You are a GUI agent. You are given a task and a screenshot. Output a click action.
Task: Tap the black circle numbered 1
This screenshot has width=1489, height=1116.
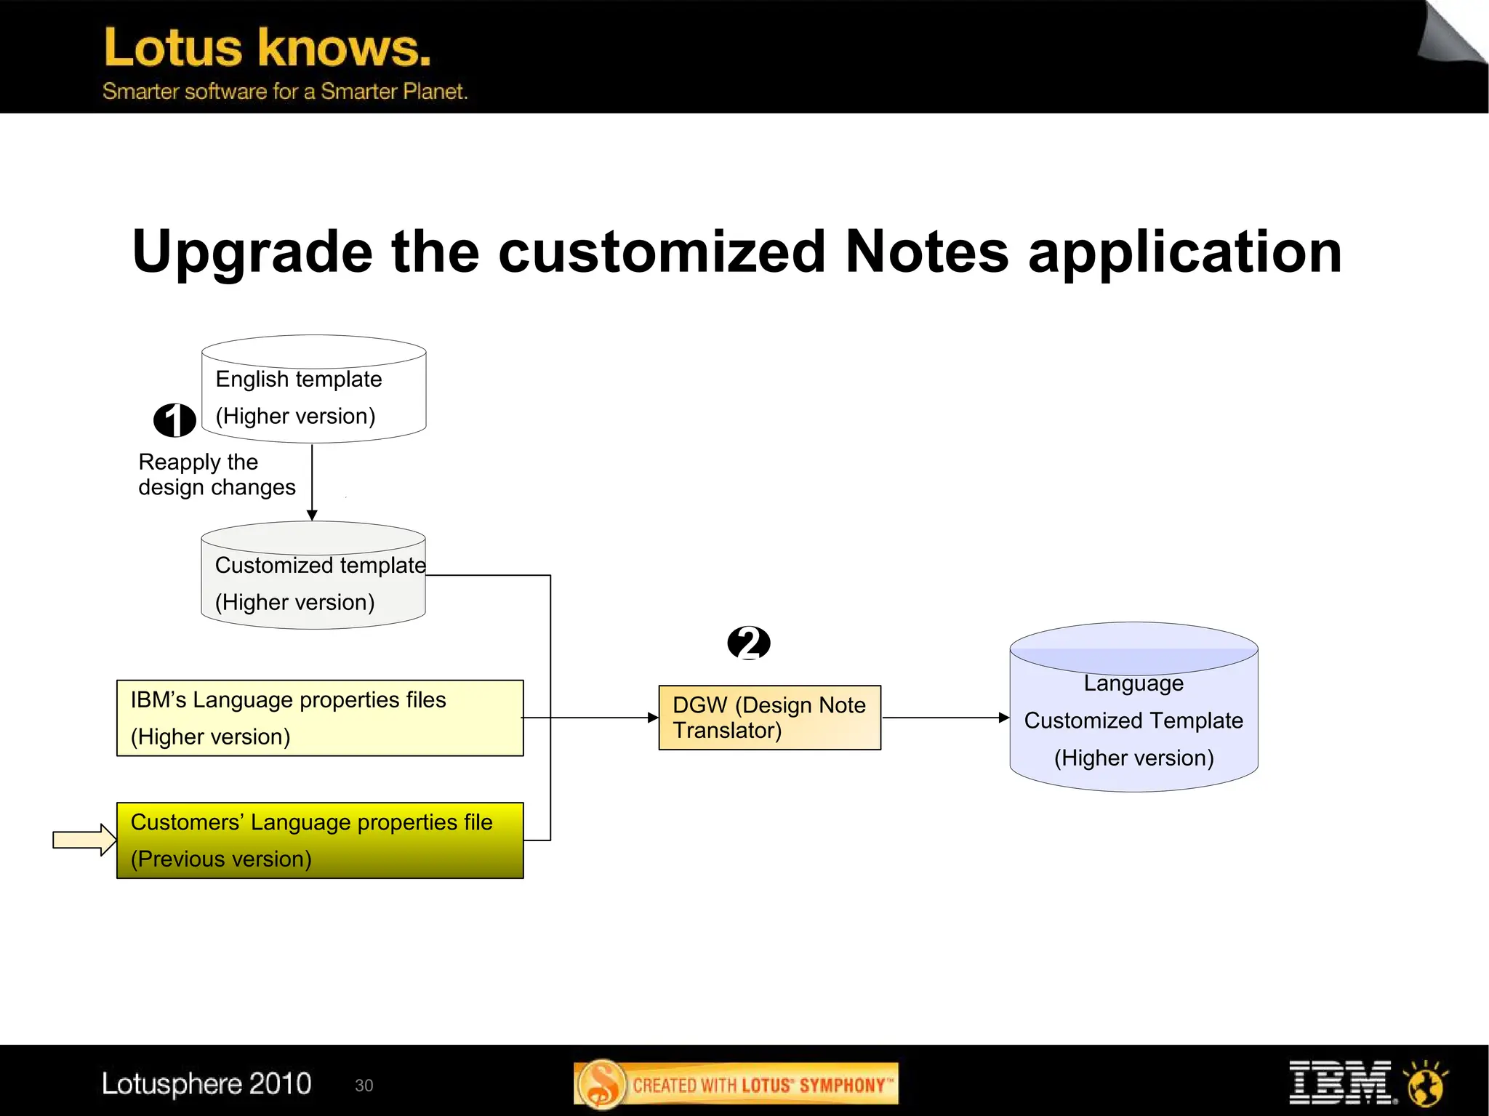[x=174, y=420]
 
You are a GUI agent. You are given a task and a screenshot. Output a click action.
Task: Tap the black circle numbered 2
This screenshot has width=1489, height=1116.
[x=749, y=643]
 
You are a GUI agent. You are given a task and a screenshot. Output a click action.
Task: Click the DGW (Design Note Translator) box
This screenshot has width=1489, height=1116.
[x=769, y=718]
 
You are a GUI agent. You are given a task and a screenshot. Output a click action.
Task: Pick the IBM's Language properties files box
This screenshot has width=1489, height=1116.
[x=320, y=718]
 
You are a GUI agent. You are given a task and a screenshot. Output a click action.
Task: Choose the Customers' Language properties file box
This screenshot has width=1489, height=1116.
[x=320, y=840]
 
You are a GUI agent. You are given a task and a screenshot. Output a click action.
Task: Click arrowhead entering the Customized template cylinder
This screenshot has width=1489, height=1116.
[x=312, y=515]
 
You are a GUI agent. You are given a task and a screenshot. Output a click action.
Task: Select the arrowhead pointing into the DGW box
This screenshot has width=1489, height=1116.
[x=652, y=718]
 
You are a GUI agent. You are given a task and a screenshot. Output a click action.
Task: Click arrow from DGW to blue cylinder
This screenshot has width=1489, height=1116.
[x=945, y=718]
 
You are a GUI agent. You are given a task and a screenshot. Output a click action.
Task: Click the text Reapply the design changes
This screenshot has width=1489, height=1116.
[x=217, y=474]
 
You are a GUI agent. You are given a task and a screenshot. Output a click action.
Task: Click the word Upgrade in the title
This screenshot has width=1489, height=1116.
[x=252, y=252]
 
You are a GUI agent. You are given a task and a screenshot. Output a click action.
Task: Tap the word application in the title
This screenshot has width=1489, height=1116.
[x=1184, y=252]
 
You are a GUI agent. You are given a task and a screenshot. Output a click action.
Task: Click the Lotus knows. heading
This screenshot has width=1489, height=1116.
[x=268, y=48]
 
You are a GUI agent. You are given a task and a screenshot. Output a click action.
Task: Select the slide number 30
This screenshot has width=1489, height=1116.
[x=364, y=1085]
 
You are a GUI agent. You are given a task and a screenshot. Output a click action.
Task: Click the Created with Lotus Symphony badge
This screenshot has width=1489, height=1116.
[x=736, y=1085]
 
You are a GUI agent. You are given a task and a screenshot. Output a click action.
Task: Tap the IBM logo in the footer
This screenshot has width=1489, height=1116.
[x=1341, y=1083]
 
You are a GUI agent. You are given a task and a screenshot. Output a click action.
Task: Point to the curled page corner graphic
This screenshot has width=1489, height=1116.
[x=1450, y=33]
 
